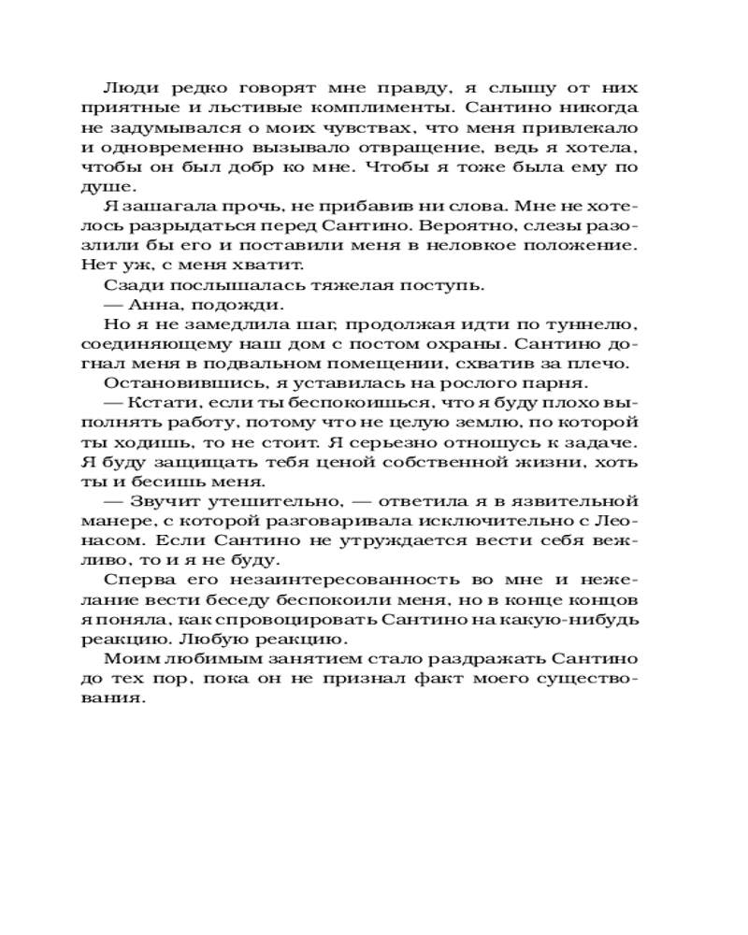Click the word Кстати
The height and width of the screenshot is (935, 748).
(153, 404)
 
